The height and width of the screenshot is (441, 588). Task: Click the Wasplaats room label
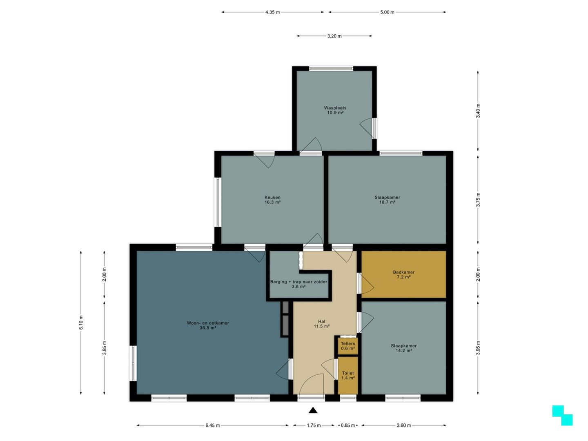click(x=335, y=110)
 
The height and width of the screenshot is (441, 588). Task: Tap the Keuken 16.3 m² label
click(x=272, y=200)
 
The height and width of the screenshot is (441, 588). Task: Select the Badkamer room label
click(x=404, y=274)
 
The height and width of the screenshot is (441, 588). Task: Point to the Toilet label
click(x=348, y=375)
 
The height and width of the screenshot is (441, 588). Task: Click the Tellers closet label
click(x=348, y=346)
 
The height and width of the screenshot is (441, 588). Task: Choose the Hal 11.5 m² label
click(x=321, y=324)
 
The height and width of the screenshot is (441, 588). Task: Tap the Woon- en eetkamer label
click(x=208, y=325)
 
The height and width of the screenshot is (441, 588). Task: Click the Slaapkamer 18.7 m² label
click(x=388, y=200)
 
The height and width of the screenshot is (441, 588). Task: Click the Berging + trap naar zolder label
click(x=298, y=284)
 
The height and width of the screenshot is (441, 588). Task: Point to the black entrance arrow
click(x=313, y=410)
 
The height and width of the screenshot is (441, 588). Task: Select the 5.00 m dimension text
click(x=387, y=12)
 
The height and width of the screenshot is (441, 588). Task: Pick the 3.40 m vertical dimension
click(x=478, y=111)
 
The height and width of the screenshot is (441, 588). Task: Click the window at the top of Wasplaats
click(x=331, y=69)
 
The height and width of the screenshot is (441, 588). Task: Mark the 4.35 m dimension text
click(x=272, y=12)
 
